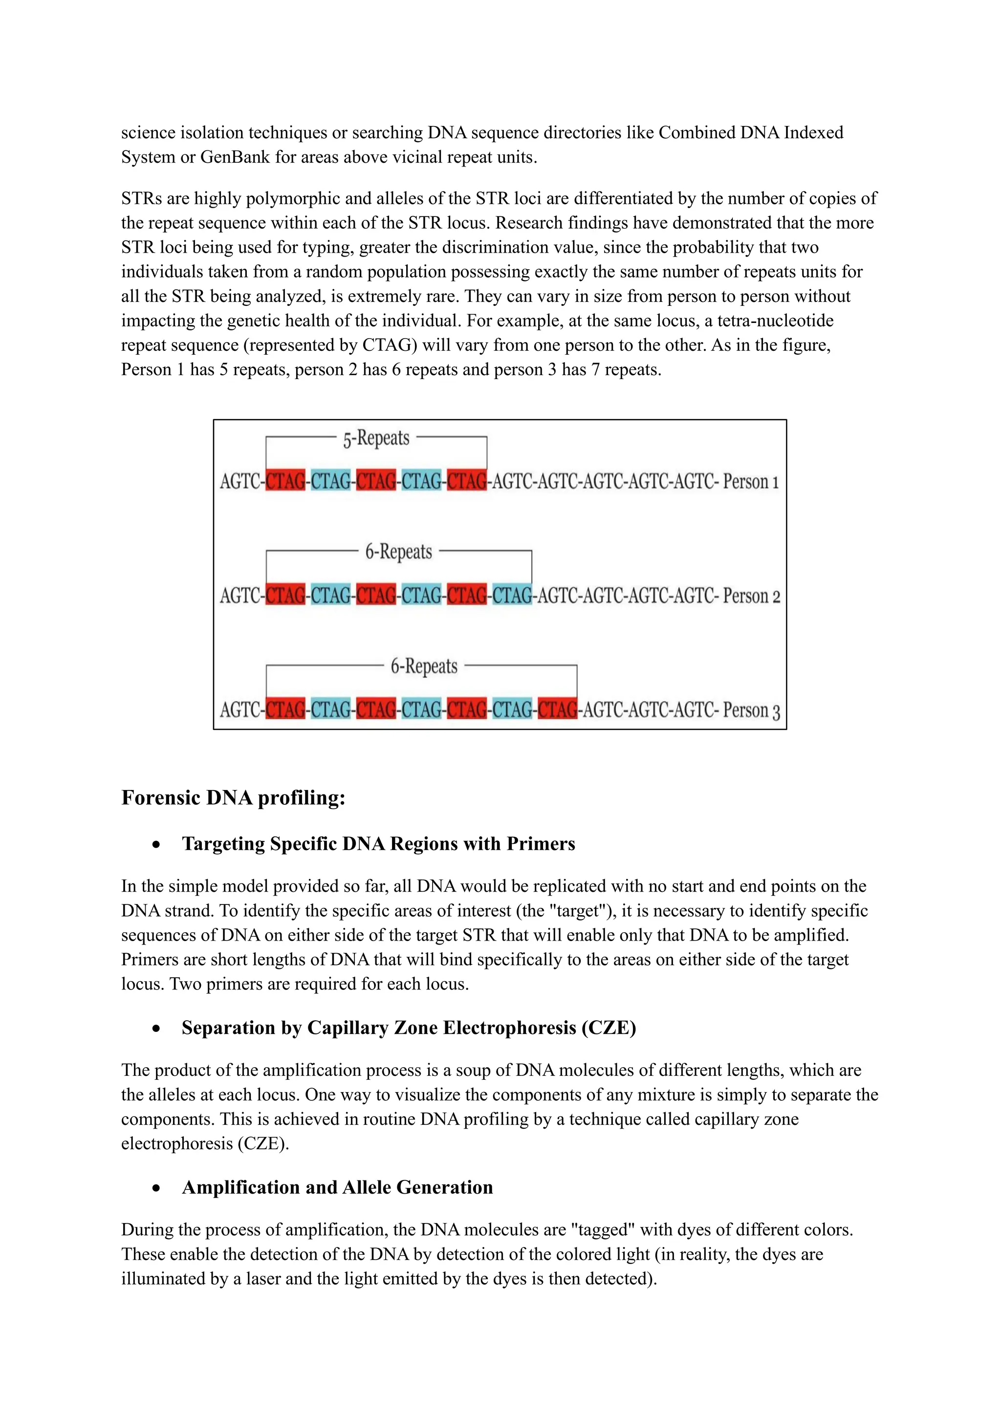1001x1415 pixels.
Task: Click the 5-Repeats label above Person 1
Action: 376,439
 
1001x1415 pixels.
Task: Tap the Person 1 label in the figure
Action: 751,481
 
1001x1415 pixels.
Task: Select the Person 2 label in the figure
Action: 751,596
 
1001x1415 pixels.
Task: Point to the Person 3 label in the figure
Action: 751,710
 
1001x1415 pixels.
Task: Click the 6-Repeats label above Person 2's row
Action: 398,552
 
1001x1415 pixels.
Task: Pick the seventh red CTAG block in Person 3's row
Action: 557,710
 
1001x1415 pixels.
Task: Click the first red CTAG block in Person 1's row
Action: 285,481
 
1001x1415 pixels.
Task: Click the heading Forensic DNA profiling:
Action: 233,797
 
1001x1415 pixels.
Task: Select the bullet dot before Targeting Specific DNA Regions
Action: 156,845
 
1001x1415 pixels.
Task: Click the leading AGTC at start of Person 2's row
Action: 240,596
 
